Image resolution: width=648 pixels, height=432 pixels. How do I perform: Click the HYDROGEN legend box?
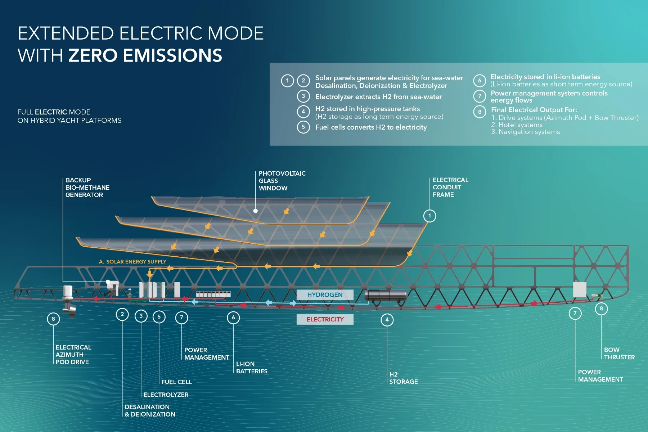point(325,295)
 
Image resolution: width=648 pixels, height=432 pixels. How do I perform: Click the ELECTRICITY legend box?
point(325,319)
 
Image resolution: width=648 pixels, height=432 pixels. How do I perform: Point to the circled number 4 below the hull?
point(387,320)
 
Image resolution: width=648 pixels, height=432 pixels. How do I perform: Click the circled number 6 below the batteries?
point(233,318)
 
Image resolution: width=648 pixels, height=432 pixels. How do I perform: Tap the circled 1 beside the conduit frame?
point(429,216)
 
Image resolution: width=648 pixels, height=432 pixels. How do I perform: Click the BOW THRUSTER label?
point(619,354)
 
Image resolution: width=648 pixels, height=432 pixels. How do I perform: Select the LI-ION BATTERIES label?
point(252,368)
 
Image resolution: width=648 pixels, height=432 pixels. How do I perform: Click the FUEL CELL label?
point(176,382)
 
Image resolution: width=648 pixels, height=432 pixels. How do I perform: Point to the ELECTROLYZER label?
point(166,395)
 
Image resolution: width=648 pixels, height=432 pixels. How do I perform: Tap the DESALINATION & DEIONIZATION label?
point(150,411)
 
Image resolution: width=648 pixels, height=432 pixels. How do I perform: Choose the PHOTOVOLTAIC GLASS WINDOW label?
point(282,181)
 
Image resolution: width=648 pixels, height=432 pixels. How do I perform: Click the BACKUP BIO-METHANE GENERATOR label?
point(87,188)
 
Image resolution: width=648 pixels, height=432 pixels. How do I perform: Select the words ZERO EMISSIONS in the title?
point(145,55)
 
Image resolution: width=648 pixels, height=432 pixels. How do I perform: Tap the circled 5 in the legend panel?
point(303,127)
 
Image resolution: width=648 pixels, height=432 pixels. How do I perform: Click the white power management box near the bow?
point(580,289)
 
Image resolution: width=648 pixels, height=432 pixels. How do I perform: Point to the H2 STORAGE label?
point(403,378)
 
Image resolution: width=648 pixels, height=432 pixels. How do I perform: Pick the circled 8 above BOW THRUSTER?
point(601,309)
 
